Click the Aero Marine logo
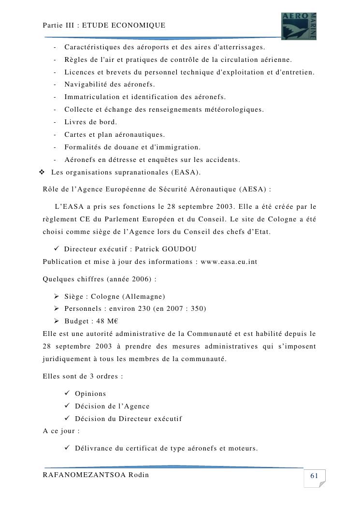click(299, 26)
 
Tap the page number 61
click(314, 476)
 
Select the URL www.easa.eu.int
click(229, 262)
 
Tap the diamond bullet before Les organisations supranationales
click(42, 172)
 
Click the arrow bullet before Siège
click(56, 296)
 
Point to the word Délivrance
click(93, 448)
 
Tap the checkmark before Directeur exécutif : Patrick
click(57, 249)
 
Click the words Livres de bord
click(91, 122)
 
